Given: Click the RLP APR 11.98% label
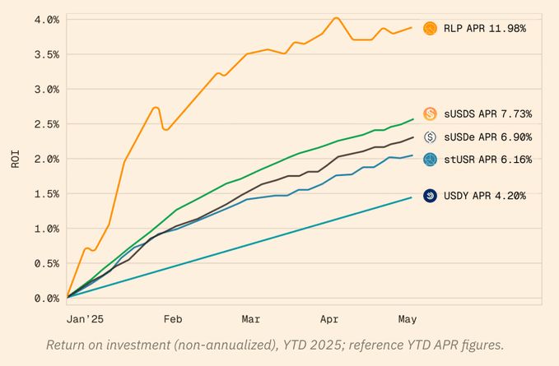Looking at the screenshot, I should [484, 29].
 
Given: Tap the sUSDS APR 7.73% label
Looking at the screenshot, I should [487, 114].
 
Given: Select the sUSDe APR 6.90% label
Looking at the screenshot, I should [487, 137].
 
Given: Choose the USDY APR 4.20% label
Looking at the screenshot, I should [484, 196].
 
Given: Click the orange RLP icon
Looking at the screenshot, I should [430, 29].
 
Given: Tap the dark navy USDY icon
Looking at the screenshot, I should [430, 196].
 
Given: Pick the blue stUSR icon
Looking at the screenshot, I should [430, 159].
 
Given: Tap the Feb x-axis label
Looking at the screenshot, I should [173, 318].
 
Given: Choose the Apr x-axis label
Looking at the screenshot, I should [329, 318].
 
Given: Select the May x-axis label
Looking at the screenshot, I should [408, 318].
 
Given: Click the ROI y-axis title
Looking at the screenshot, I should [15, 159].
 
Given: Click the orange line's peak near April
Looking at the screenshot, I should [336, 17].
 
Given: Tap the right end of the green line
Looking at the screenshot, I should [412, 118].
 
